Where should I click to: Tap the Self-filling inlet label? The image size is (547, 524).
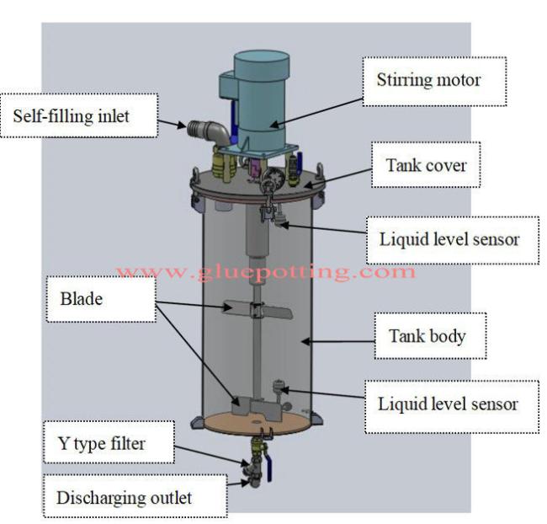point(72,115)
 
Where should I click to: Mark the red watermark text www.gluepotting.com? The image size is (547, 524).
point(267,272)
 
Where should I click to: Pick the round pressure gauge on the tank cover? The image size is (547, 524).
point(270,178)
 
